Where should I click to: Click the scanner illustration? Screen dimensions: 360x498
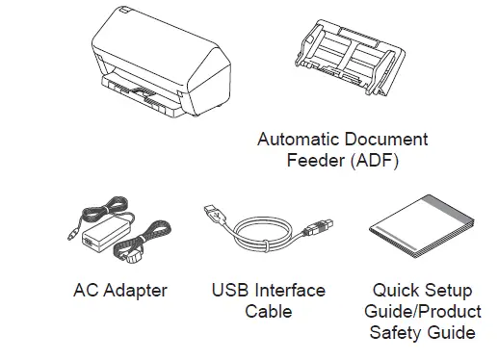coord(163,63)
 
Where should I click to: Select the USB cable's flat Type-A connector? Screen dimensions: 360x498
coord(215,214)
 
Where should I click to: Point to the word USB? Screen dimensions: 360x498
coord(229,290)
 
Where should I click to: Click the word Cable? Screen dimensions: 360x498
coord(268,312)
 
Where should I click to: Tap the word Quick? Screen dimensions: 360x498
coord(394,290)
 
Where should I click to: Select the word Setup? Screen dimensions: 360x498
coord(446,291)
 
